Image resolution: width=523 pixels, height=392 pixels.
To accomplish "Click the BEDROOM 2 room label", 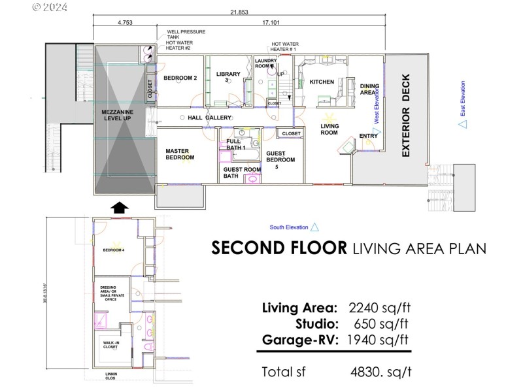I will pos(180,78).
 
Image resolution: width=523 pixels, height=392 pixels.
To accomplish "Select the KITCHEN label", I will pos(322,82).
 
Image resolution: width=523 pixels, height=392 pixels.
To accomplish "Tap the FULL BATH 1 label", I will pos(236,144).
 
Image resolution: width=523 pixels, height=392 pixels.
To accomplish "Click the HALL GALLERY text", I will pos(210,118).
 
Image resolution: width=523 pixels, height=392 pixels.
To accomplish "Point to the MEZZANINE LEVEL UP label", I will pos(118,117).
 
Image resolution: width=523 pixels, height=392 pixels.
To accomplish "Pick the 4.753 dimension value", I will pos(125,23).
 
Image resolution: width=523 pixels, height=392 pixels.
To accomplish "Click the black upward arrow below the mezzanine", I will pos(118,208).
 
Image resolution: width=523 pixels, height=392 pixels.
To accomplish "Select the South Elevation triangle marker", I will pos(314,227).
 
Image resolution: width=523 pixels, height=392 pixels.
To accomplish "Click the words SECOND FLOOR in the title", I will pos(279,248).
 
